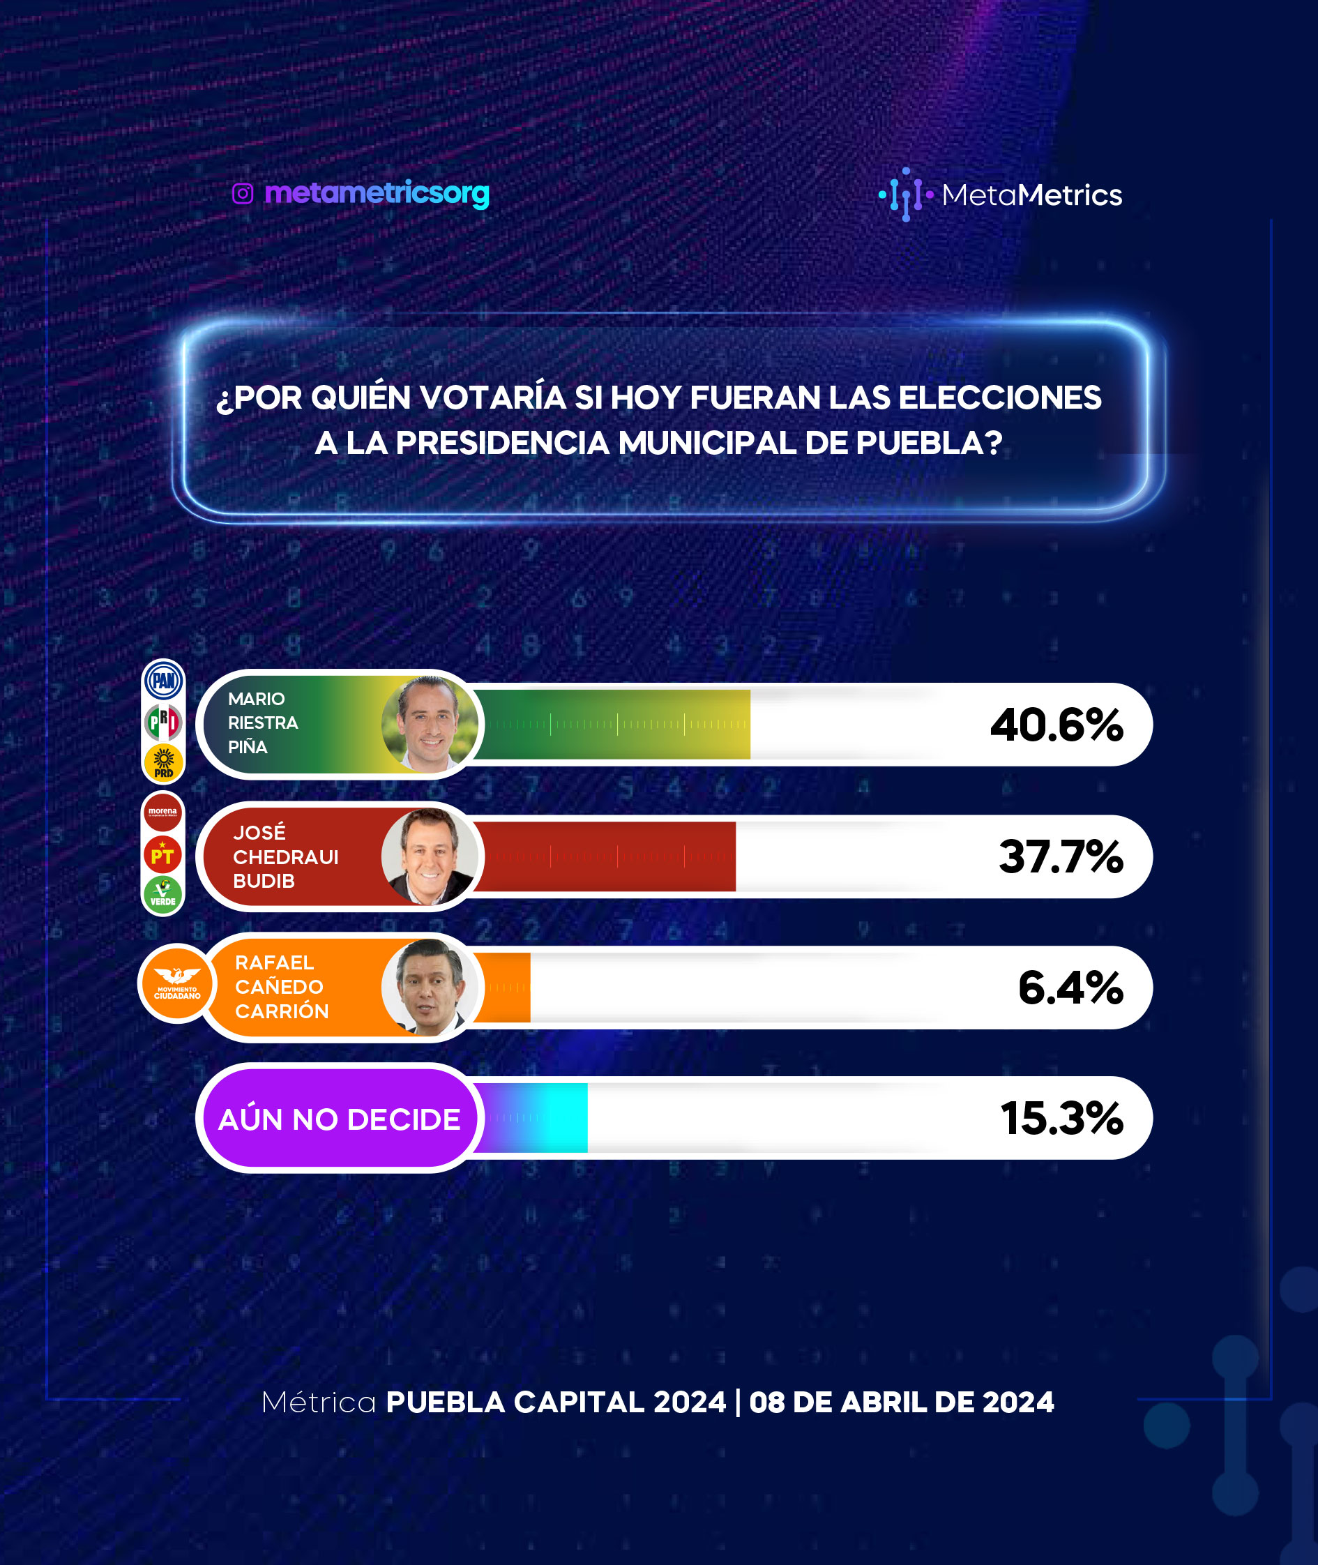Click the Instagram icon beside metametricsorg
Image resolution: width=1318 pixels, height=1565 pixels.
click(242, 194)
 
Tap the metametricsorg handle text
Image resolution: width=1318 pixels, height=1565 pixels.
click(377, 194)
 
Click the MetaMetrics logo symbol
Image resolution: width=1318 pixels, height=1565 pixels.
click(906, 195)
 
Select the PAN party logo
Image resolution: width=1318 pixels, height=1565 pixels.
click(164, 680)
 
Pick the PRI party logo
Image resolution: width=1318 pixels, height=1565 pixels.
click(163, 722)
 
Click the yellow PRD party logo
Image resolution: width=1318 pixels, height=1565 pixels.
click(164, 763)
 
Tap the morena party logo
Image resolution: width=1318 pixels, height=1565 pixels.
click(163, 812)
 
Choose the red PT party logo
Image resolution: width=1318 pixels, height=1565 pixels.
click(163, 854)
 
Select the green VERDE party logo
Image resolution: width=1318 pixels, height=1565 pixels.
click(163, 895)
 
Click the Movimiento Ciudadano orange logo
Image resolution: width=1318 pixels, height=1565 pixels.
click(178, 983)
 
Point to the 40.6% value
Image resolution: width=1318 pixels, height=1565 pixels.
click(1056, 725)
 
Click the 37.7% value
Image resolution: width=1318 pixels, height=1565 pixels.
click(1061, 856)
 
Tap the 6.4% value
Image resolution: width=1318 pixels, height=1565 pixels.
click(1070, 988)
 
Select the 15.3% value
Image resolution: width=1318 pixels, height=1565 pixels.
click(1061, 1118)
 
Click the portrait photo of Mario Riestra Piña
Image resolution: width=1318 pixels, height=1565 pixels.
click(430, 724)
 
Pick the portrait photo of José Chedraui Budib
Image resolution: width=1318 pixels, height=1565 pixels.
click(430, 856)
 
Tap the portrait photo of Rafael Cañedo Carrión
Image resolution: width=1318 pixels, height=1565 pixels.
click(430, 988)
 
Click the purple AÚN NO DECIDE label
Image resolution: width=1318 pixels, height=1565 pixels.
click(339, 1118)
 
